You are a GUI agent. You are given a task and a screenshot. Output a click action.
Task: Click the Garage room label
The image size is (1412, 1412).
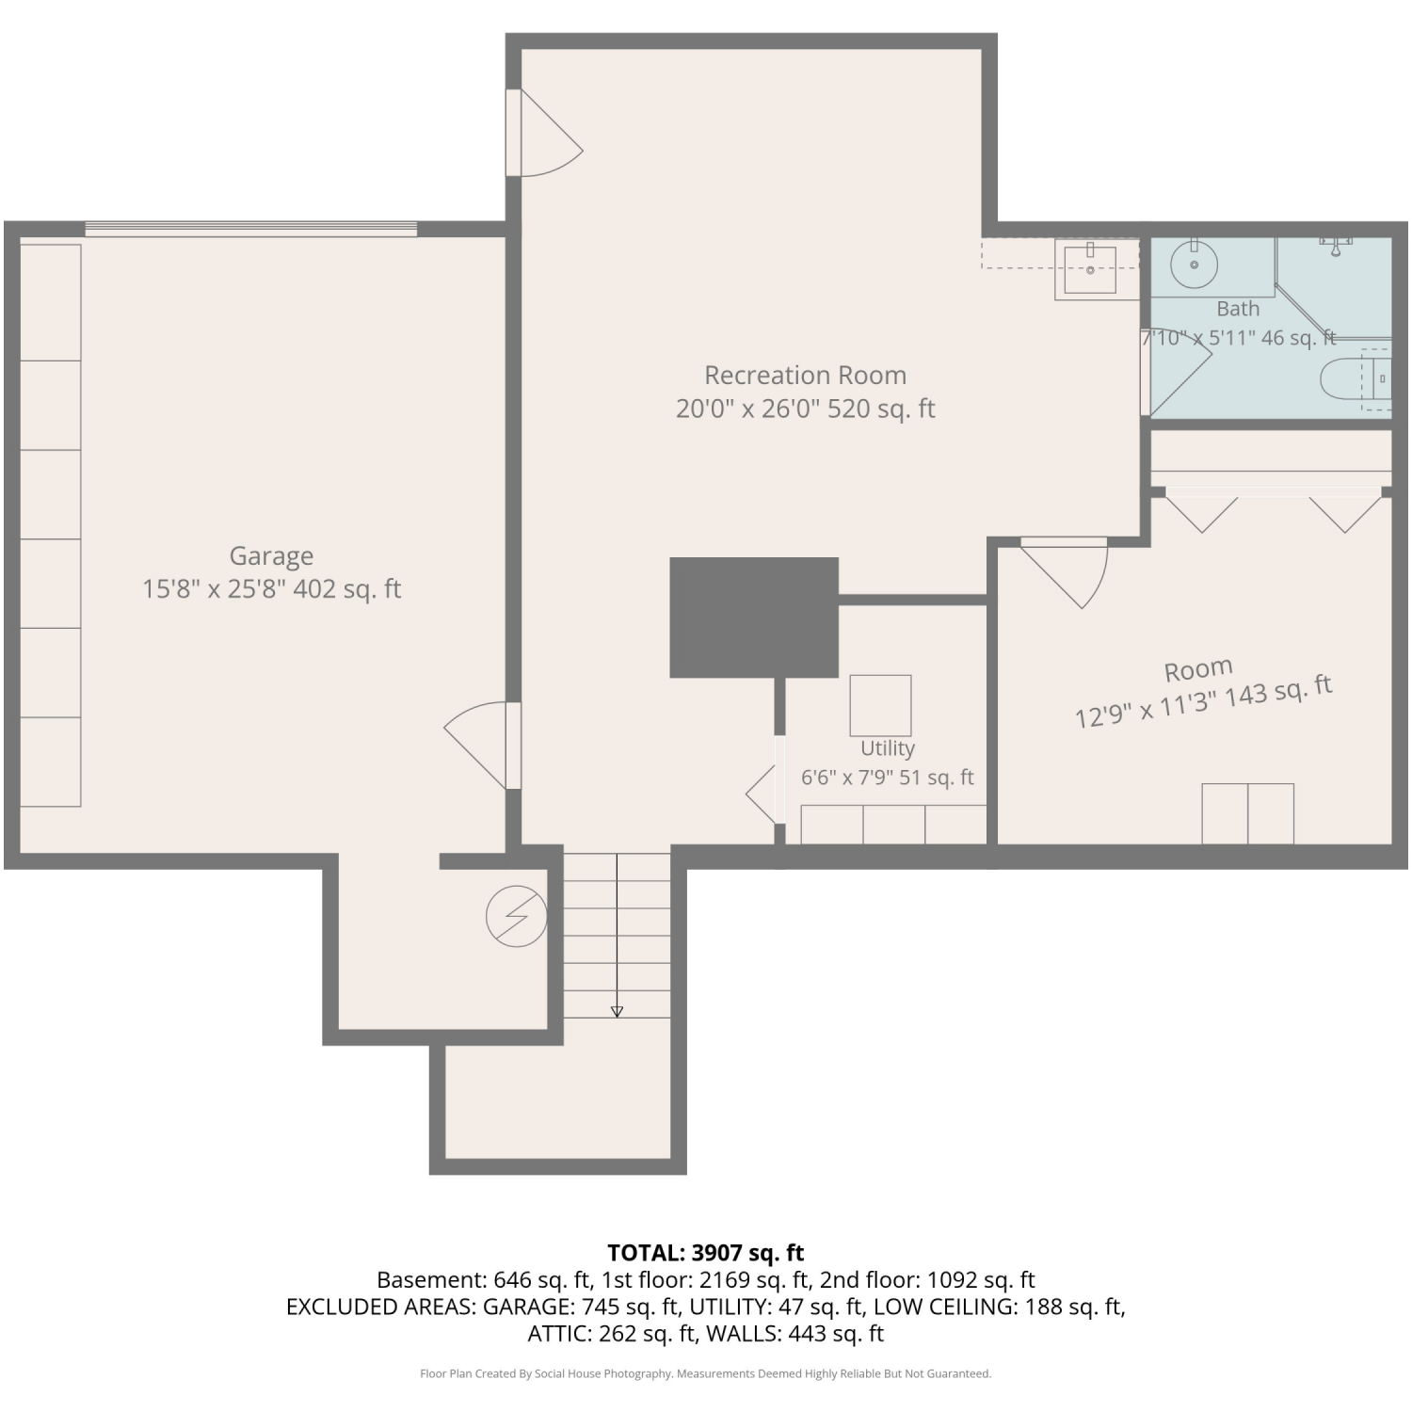point(271,556)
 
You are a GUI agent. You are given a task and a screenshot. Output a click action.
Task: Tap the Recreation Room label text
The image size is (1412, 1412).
point(806,376)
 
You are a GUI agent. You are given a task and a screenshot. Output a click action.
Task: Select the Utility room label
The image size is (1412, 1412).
point(888,748)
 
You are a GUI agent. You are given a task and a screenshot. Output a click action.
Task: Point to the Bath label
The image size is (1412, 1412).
point(1238,309)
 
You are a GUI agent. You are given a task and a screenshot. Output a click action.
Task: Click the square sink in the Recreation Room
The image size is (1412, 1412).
point(1090,270)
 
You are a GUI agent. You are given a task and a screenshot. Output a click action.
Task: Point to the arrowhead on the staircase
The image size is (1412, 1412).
point(617,1012)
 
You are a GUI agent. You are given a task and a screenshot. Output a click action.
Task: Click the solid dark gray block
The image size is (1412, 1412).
point(754,618)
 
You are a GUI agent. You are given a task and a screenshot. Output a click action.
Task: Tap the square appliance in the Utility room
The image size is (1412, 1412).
point(880,705)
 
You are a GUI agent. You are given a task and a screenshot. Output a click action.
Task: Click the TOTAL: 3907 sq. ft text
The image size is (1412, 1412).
point(706,1253)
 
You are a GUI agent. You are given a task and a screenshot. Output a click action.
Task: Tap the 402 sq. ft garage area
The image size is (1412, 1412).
point(347,589)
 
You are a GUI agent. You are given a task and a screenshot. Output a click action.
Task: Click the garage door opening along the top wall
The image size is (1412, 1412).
point(251,229)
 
